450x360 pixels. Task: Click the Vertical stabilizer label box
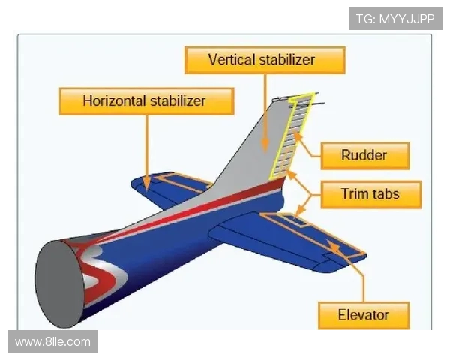point(262,59)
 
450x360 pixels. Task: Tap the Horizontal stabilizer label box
point(145,100)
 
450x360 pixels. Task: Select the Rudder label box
point(364,156)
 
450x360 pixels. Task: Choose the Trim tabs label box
point(370,194)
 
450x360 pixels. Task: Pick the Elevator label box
point(364,314)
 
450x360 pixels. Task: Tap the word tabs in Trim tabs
point(385,194)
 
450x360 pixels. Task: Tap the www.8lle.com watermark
point(52,342)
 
